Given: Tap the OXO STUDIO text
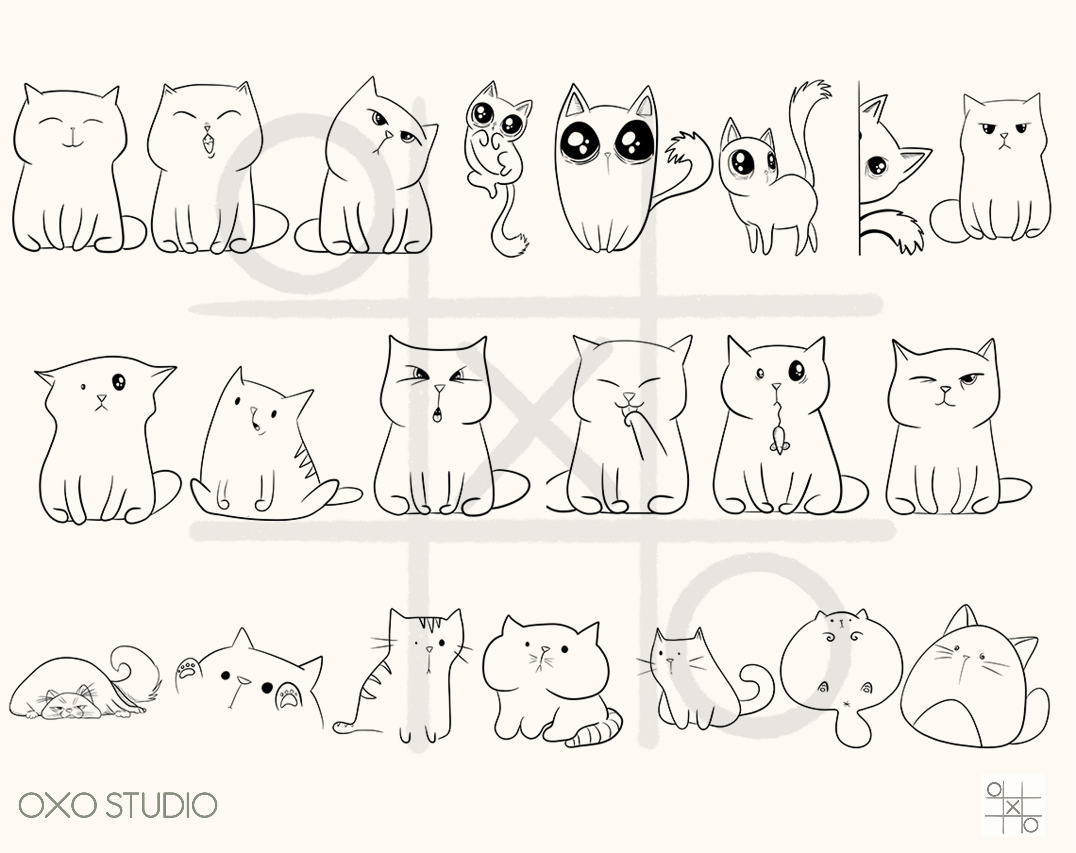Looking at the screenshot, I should (x=118, y=805).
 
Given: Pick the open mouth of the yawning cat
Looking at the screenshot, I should (x=207, y=144).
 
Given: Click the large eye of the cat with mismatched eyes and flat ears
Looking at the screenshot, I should (x=119, y=382).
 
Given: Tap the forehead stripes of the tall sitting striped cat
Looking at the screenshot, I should (x=429, y=624).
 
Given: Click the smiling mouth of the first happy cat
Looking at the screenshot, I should (x=73, y=142).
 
